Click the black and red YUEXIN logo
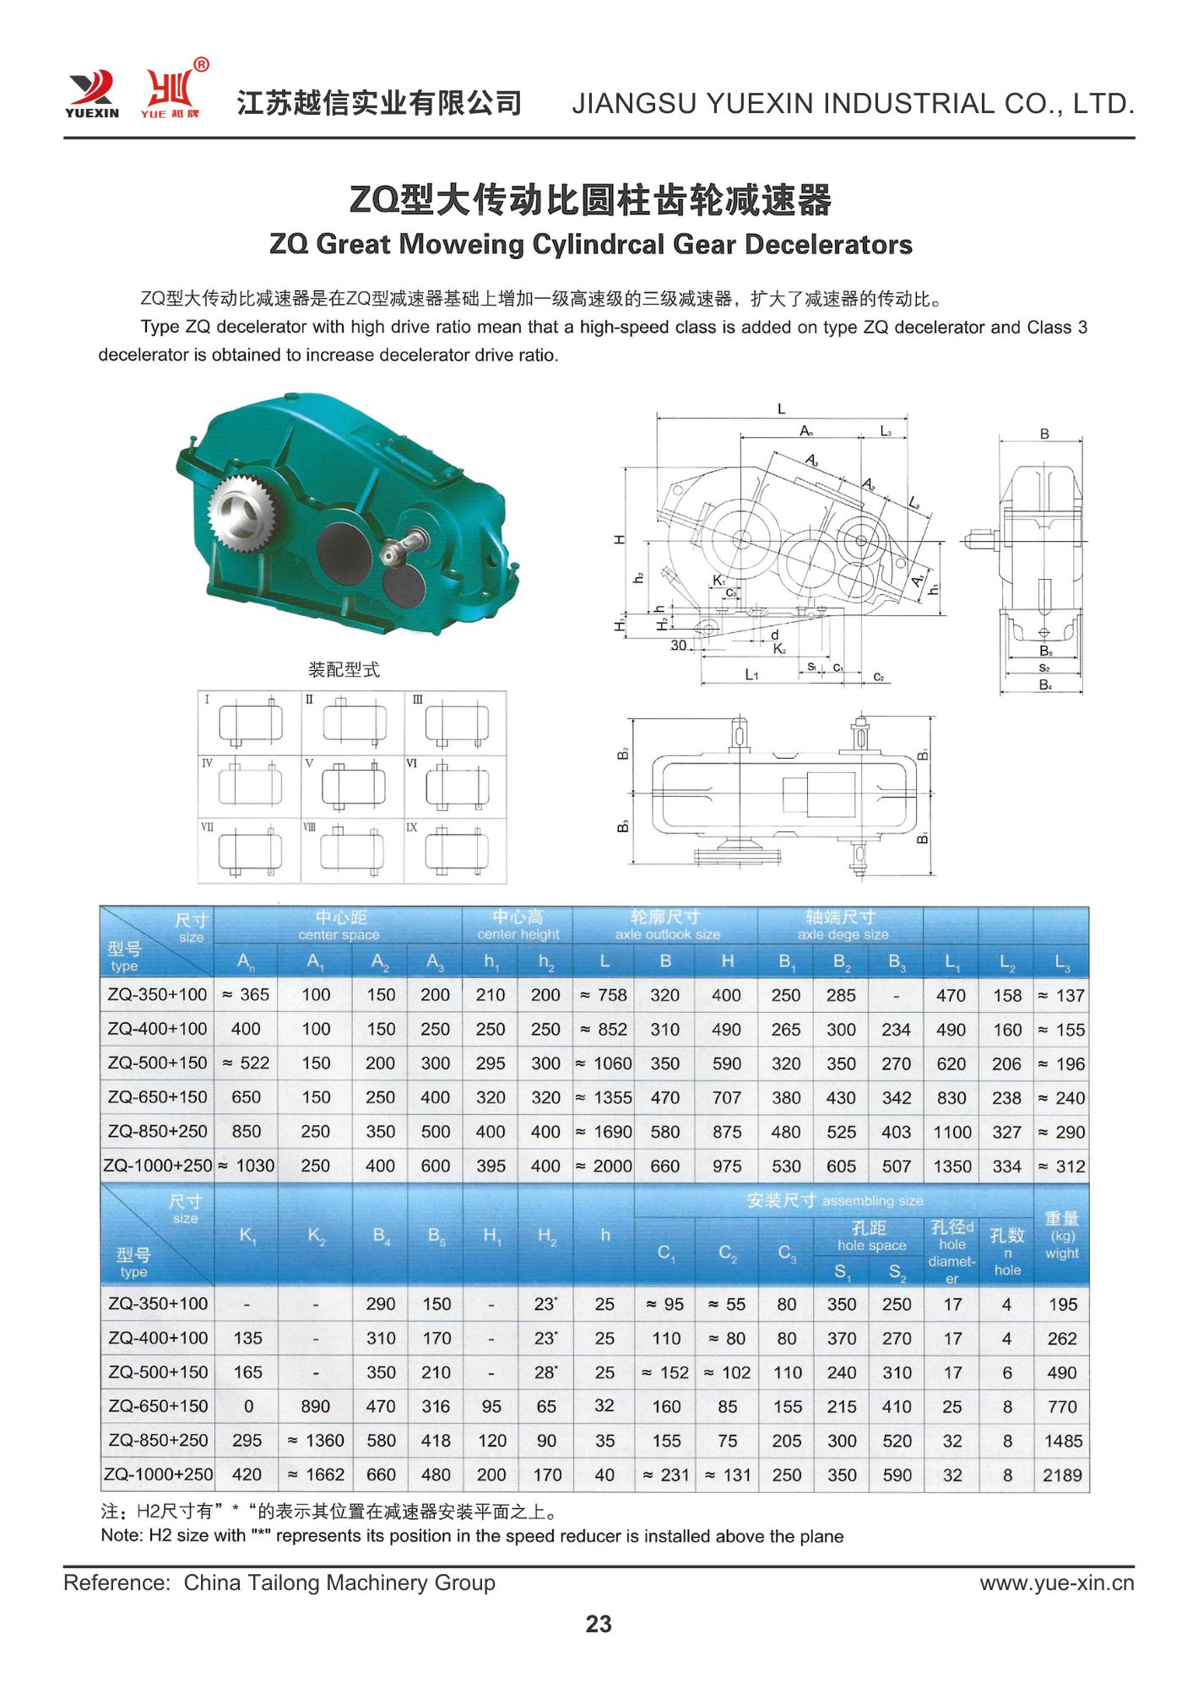pos(92,93)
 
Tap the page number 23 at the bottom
pos(599,1623)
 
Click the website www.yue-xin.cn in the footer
pos(1056,1582)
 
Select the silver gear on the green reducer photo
pos(242,516)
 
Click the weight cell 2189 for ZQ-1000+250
pos(1062,1474)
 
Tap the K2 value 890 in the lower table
pos(315,1406)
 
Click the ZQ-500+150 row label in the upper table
pos(157,1063)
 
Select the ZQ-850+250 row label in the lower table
pos(158,1440)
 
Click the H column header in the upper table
pos(727,960)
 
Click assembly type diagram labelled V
pos(354,787)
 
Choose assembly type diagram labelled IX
pos(457,851)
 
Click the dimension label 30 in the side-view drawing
pos(678,645)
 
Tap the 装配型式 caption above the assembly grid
pos(344,669)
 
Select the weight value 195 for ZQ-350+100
pos(1062,1304)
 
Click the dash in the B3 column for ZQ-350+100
pos(896,996)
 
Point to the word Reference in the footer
pos(116,1582)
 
